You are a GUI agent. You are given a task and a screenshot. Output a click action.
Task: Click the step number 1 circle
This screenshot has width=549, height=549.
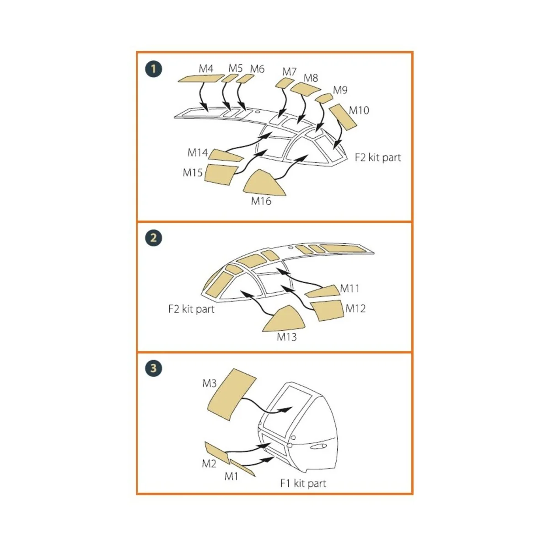coord(154,69)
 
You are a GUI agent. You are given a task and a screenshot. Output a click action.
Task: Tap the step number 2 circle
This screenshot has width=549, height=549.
coord(154,238)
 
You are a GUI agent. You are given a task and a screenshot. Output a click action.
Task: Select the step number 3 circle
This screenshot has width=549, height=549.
coord(154,368)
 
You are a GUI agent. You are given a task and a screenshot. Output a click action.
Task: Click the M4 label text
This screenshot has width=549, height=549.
coord(206,69)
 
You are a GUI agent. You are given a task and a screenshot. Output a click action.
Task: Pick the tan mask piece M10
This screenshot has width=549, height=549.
coord(343,117)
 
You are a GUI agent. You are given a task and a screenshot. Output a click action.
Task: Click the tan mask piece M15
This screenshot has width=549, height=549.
coord(220,174)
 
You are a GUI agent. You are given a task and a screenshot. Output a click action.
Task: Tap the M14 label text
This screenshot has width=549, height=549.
coord(198,153)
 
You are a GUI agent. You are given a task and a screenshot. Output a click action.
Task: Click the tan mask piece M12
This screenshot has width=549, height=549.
coord(327,310)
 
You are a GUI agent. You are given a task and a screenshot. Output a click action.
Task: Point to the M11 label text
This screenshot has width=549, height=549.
coord(350,289)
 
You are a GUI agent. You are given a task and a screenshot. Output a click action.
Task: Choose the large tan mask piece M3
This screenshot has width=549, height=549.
coord(231,394)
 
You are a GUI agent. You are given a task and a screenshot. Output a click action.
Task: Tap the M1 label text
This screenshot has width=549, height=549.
coord(231,476)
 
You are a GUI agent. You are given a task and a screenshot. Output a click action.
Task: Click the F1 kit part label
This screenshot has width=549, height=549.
coord(303,484)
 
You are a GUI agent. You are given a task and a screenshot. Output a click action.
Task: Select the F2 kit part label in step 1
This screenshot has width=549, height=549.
coord(378,157)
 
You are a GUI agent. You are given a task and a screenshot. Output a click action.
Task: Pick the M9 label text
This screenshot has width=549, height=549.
coord(340,90)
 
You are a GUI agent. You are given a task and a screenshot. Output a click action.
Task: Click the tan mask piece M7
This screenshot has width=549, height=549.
coord(284,83)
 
